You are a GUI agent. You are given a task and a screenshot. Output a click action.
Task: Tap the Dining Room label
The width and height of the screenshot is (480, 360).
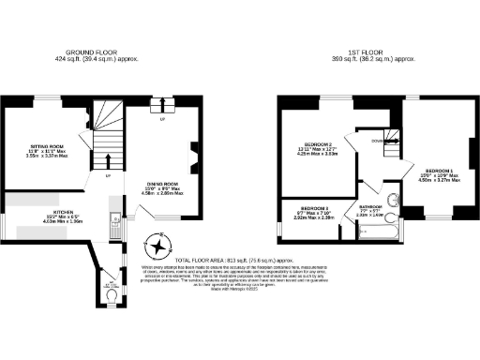point(161,184)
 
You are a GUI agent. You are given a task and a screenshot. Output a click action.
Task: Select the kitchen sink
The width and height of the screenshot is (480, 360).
point(112,225)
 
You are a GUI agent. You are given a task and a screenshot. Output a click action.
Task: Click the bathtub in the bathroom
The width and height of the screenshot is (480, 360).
point(373,225)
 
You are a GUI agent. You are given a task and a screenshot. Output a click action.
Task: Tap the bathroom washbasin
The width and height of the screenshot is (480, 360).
point(391,199)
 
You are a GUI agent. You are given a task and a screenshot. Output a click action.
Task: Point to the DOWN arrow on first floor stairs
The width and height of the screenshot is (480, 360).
point(377,141)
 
